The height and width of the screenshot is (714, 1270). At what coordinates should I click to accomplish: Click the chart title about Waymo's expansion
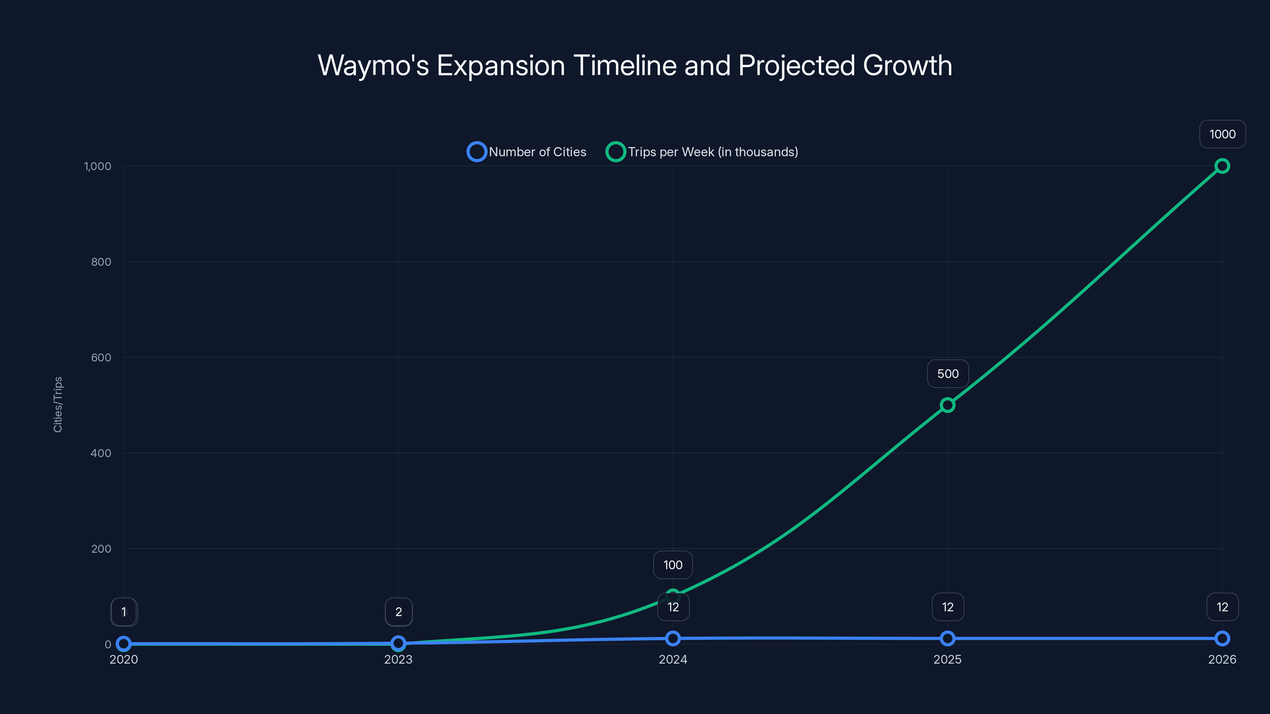[x=635, y=65]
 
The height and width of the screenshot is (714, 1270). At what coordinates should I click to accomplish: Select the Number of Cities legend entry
[x=527, y=152]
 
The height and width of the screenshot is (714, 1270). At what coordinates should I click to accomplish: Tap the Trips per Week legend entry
[x=702, y=152]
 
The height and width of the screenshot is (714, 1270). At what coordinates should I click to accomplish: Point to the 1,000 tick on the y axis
[x=98, y=167]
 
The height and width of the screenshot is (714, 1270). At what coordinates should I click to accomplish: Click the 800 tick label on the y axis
[x=101, y=262]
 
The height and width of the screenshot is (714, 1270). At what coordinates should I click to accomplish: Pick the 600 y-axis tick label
[x=101, y=358]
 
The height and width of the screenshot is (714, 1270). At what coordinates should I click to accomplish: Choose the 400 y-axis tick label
[x=101, y=453]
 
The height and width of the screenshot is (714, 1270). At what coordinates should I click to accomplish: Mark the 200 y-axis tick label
[x=101, y=549]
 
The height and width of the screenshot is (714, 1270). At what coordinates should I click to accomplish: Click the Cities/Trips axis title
[x=58, y=405]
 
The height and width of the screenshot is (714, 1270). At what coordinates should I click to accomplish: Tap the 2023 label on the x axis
[x=398, y=659]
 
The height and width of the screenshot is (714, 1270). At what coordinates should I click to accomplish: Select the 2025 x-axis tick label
[x=947, y=659]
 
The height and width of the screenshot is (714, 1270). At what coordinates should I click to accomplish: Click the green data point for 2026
[x=1222, y=166]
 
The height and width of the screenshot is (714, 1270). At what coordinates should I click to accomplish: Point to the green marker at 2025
[x=947, y=405]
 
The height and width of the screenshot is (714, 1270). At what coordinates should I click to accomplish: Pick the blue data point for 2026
[x=1222, y=639]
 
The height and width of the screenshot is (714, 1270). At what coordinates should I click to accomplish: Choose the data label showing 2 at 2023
[x=398, y=612]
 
